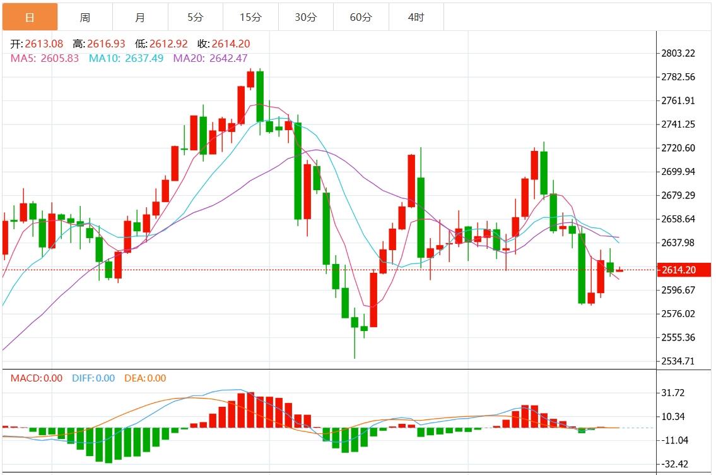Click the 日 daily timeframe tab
tap(30, 17)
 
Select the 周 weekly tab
tap(85, 17)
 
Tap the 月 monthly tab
tap(140, 17)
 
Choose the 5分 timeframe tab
tap(195, 17)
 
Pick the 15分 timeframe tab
tap(250, 17)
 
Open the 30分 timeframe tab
tap(305, 17)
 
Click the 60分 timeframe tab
tap(361, 17)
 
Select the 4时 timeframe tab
tap(416, 17)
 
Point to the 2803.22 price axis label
tap(678, 53)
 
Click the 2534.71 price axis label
tap(678, 361)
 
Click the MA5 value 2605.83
tap(59, 58)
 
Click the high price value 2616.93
tap(105, 44)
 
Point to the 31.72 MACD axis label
tap(673, 393)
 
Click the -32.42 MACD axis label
tap(673, 464)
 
